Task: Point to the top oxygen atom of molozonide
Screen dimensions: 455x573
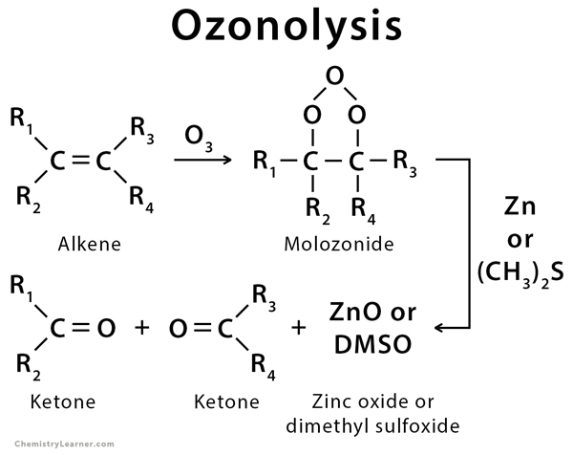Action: (x=333, y=76)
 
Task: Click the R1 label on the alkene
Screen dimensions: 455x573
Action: (x=21, y=120)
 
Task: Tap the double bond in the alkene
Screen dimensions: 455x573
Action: (x=81, y=160)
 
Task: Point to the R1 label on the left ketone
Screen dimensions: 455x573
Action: (x=21, y=287)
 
